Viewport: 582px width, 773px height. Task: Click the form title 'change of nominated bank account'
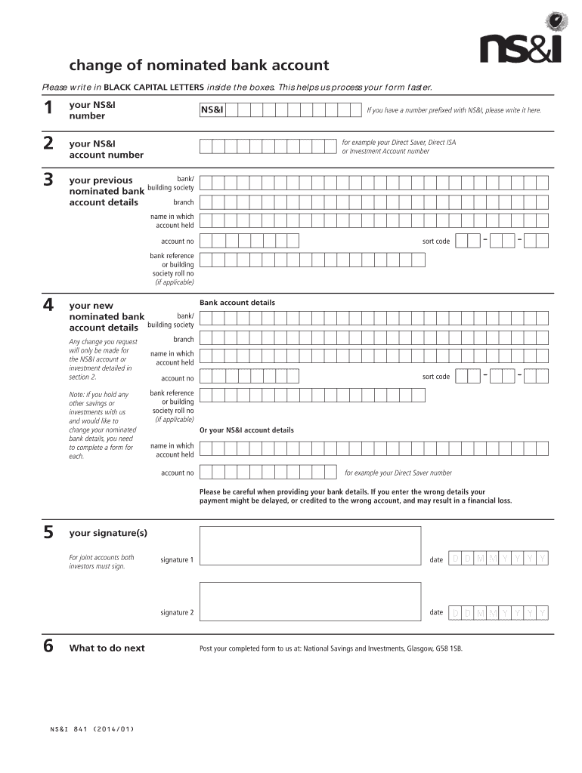point(199,66)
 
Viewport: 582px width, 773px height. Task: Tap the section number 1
point(48,109)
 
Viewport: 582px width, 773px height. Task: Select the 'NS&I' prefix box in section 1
point(212,110)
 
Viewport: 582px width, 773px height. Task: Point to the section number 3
point(48,180)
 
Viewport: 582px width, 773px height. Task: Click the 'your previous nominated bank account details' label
point(106,191)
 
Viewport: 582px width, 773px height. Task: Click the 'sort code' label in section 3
point(435,242)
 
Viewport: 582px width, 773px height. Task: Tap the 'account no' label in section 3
point(177,242)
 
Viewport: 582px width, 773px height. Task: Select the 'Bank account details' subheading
point(237,303)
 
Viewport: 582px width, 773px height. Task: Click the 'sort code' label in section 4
point(435,377)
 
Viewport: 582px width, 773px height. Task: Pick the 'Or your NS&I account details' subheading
point(246,430)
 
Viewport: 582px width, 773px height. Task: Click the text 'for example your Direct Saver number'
point(398,473)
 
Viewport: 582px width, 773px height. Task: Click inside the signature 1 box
point(310,546)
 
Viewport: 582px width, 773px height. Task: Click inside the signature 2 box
point(310,602)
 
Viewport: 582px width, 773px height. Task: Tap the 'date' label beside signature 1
point(436,559)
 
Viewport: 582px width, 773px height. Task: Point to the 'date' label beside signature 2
point(436,612)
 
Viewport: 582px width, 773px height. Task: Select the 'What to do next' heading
point(107,648)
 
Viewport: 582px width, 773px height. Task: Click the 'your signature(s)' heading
point(108,534)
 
